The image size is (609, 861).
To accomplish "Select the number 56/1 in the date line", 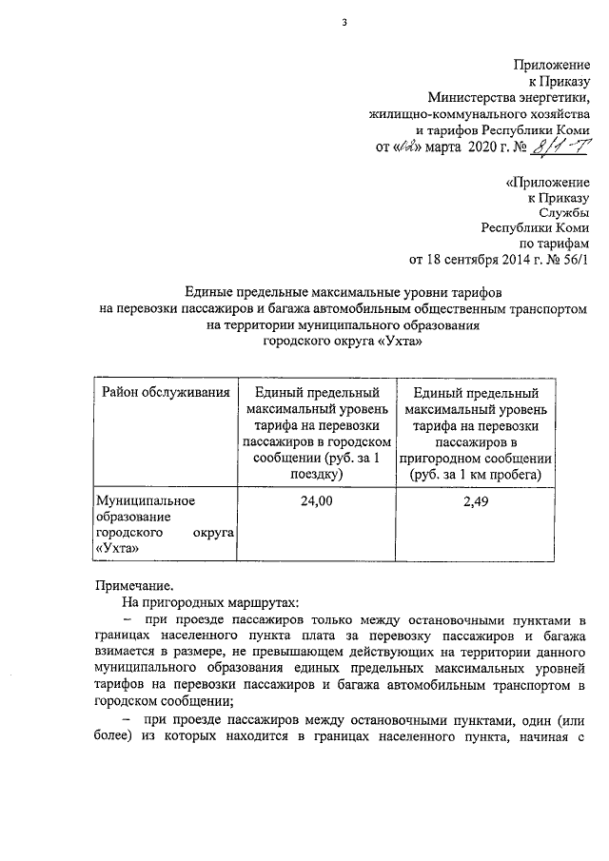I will click(x=573, y=258).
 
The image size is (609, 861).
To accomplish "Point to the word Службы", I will click(x=566, y=211).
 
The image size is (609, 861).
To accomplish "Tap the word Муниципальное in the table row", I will click(x=146, y=499).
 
